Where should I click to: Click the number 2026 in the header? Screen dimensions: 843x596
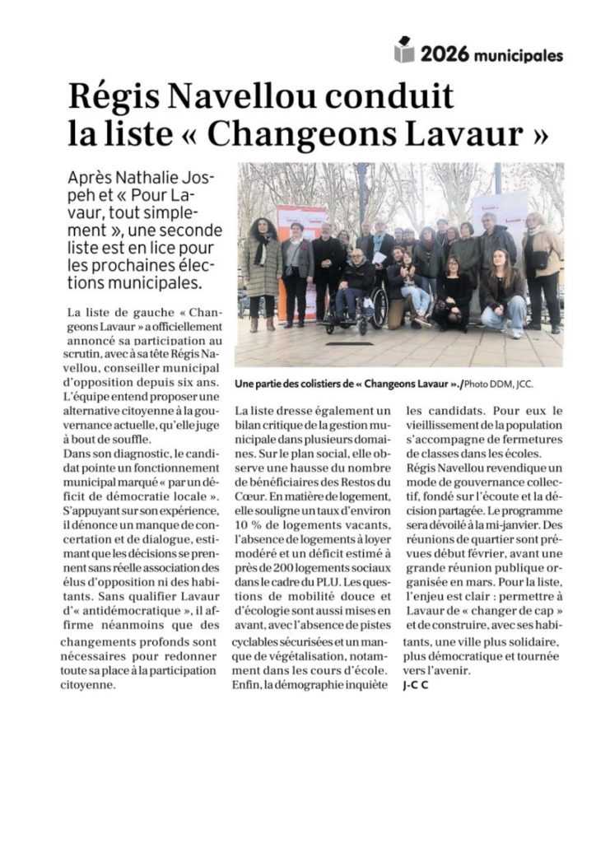[445, 55]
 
